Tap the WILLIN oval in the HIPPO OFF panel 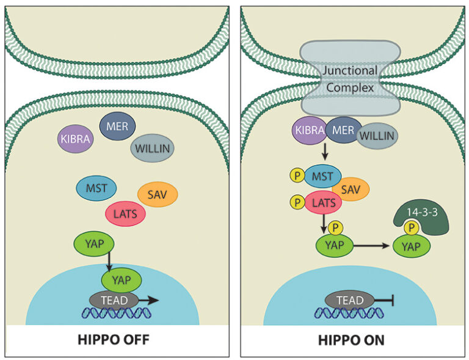[x=153, y=147]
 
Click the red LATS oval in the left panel [x=126, y=213]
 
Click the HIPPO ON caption [x=354, y=340]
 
